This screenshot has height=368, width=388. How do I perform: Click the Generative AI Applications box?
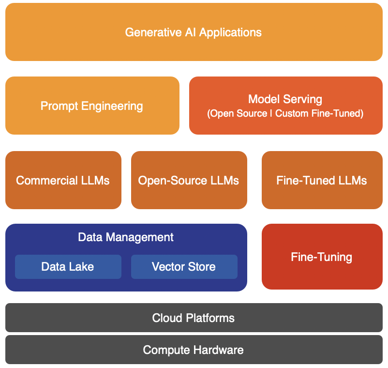click(194, 32)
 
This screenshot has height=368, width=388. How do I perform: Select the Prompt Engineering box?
click(92, 106)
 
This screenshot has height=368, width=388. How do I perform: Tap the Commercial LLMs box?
click(63, 180)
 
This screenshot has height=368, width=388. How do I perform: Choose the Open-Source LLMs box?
click(189, 180)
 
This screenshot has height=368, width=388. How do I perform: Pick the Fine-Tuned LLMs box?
click(322, 180)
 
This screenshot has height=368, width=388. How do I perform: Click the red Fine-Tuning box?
click(322, 257)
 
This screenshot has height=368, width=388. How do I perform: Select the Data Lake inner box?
click(68, 267)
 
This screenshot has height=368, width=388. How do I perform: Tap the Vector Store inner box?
click(184, 267)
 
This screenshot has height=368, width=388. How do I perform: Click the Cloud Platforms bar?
click(194, 318)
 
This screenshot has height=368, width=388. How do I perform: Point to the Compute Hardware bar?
click(194, 350)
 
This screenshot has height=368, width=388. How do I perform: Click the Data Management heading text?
click(126, 237)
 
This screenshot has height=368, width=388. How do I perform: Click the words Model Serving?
click(285, 99)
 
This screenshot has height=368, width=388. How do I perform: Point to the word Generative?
click(153, 32)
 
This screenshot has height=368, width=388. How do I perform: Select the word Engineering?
click(112, 107)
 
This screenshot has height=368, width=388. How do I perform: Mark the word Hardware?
click(219, 350)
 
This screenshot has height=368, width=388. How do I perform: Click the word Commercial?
click(47, 180)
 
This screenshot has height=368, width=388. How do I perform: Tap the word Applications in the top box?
click(230, 33)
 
